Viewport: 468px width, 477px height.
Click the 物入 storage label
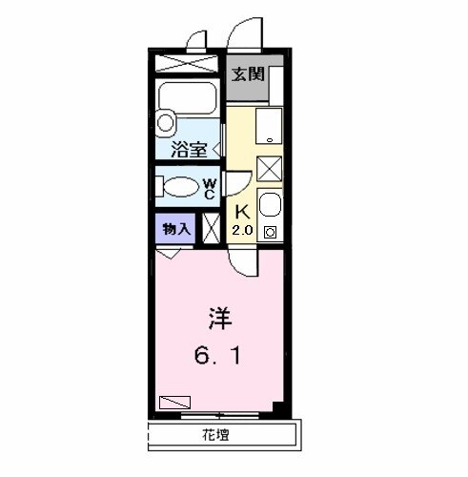[175, 229]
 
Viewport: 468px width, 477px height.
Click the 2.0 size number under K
[242, 231]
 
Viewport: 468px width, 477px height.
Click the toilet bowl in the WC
[181, 187]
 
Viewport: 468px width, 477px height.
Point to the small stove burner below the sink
[270, 232]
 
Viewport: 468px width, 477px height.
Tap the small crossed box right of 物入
[211, 229]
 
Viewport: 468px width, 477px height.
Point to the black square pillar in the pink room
[277, 407]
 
